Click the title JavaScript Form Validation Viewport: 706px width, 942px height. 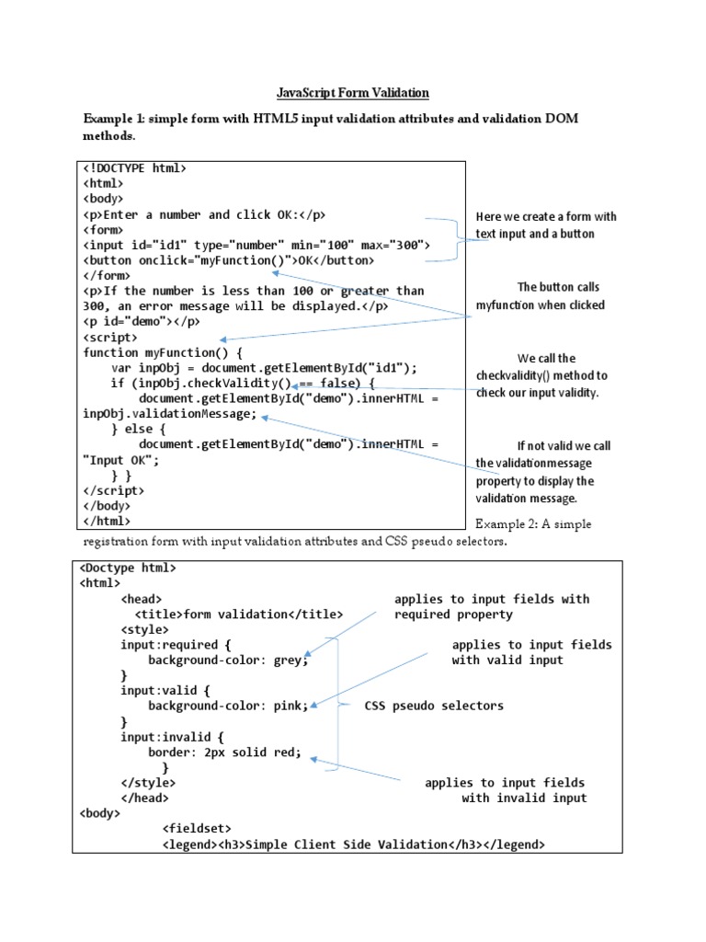(x=353, y=93)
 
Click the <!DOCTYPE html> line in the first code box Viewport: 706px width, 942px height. (x=135, y=168)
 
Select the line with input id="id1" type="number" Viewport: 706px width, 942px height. (x=257, y=245)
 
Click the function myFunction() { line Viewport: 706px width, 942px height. (x=163, y=351)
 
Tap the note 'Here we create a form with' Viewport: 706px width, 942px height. (x=546, y=216)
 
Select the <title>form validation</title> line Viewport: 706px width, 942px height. (x=239, y=614)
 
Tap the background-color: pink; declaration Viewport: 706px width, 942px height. (x=228, y=706)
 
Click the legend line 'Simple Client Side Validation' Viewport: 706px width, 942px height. (x=353, y=844)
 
